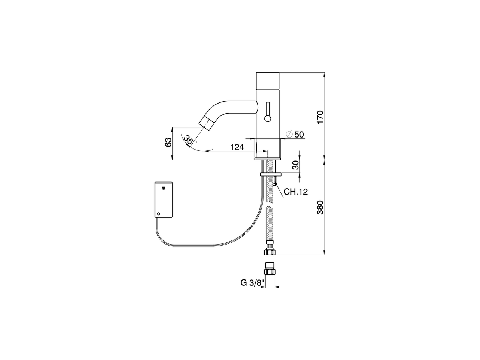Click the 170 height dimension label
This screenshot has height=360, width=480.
tap(320, 117)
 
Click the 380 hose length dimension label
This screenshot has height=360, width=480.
tap(320, 207)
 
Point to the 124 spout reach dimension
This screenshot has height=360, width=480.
tap(237, 147)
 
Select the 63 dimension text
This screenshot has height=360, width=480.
tap(168, 142)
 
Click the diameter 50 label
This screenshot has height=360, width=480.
tap(299, 134)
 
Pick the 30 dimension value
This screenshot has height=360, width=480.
tap(295, 165)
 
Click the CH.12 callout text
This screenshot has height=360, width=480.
tap(295, 192)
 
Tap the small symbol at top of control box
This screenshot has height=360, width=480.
tap(163, 186)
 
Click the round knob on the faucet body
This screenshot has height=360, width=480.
tap(267, 119)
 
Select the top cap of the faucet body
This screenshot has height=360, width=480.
tap(268, 80)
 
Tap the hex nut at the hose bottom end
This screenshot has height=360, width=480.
tap(270, 251)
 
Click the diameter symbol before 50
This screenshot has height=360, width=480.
tap(289, 134)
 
